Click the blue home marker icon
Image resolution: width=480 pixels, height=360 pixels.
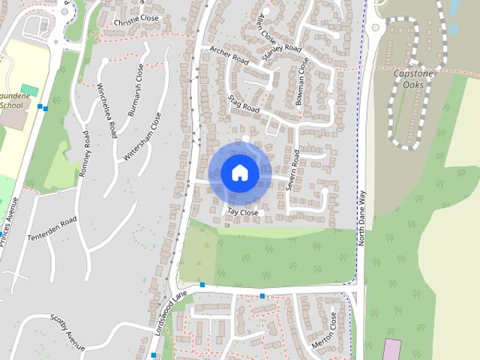pos(240,172)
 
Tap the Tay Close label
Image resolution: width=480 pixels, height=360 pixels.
pos(242,213)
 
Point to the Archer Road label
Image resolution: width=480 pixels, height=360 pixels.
pos(229,55)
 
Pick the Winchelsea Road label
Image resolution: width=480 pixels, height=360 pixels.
pos(106,109)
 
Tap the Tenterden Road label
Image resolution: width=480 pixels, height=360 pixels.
pos(52,229)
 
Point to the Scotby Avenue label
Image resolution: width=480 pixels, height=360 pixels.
pos(68,331)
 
